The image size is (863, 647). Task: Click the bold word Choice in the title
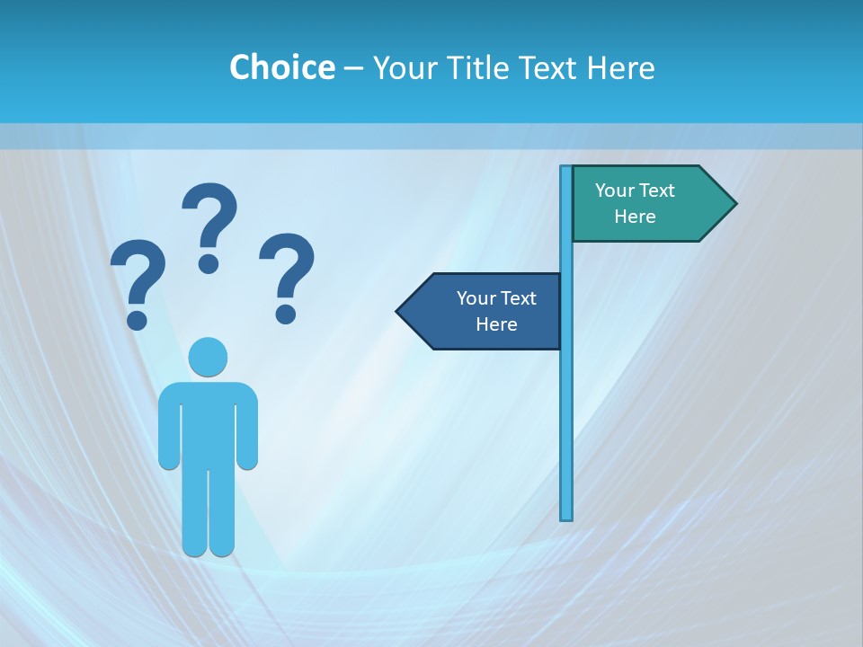(281, 67)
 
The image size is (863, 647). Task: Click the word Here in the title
(620, 67)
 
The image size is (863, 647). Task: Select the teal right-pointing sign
(643, 203)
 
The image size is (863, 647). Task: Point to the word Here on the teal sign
(635, 217)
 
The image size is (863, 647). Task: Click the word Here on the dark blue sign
(496, 324)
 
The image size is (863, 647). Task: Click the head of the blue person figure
(208, 357)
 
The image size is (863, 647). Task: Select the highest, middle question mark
(209, 225)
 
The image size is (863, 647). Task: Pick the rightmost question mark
(287, 274)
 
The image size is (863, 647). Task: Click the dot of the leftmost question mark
(137, 320)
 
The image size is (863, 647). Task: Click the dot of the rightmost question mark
(286, 313)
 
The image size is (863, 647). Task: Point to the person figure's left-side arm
(168, 427)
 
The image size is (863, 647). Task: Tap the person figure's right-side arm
(247, 427)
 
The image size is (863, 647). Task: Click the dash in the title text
(353, 68)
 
